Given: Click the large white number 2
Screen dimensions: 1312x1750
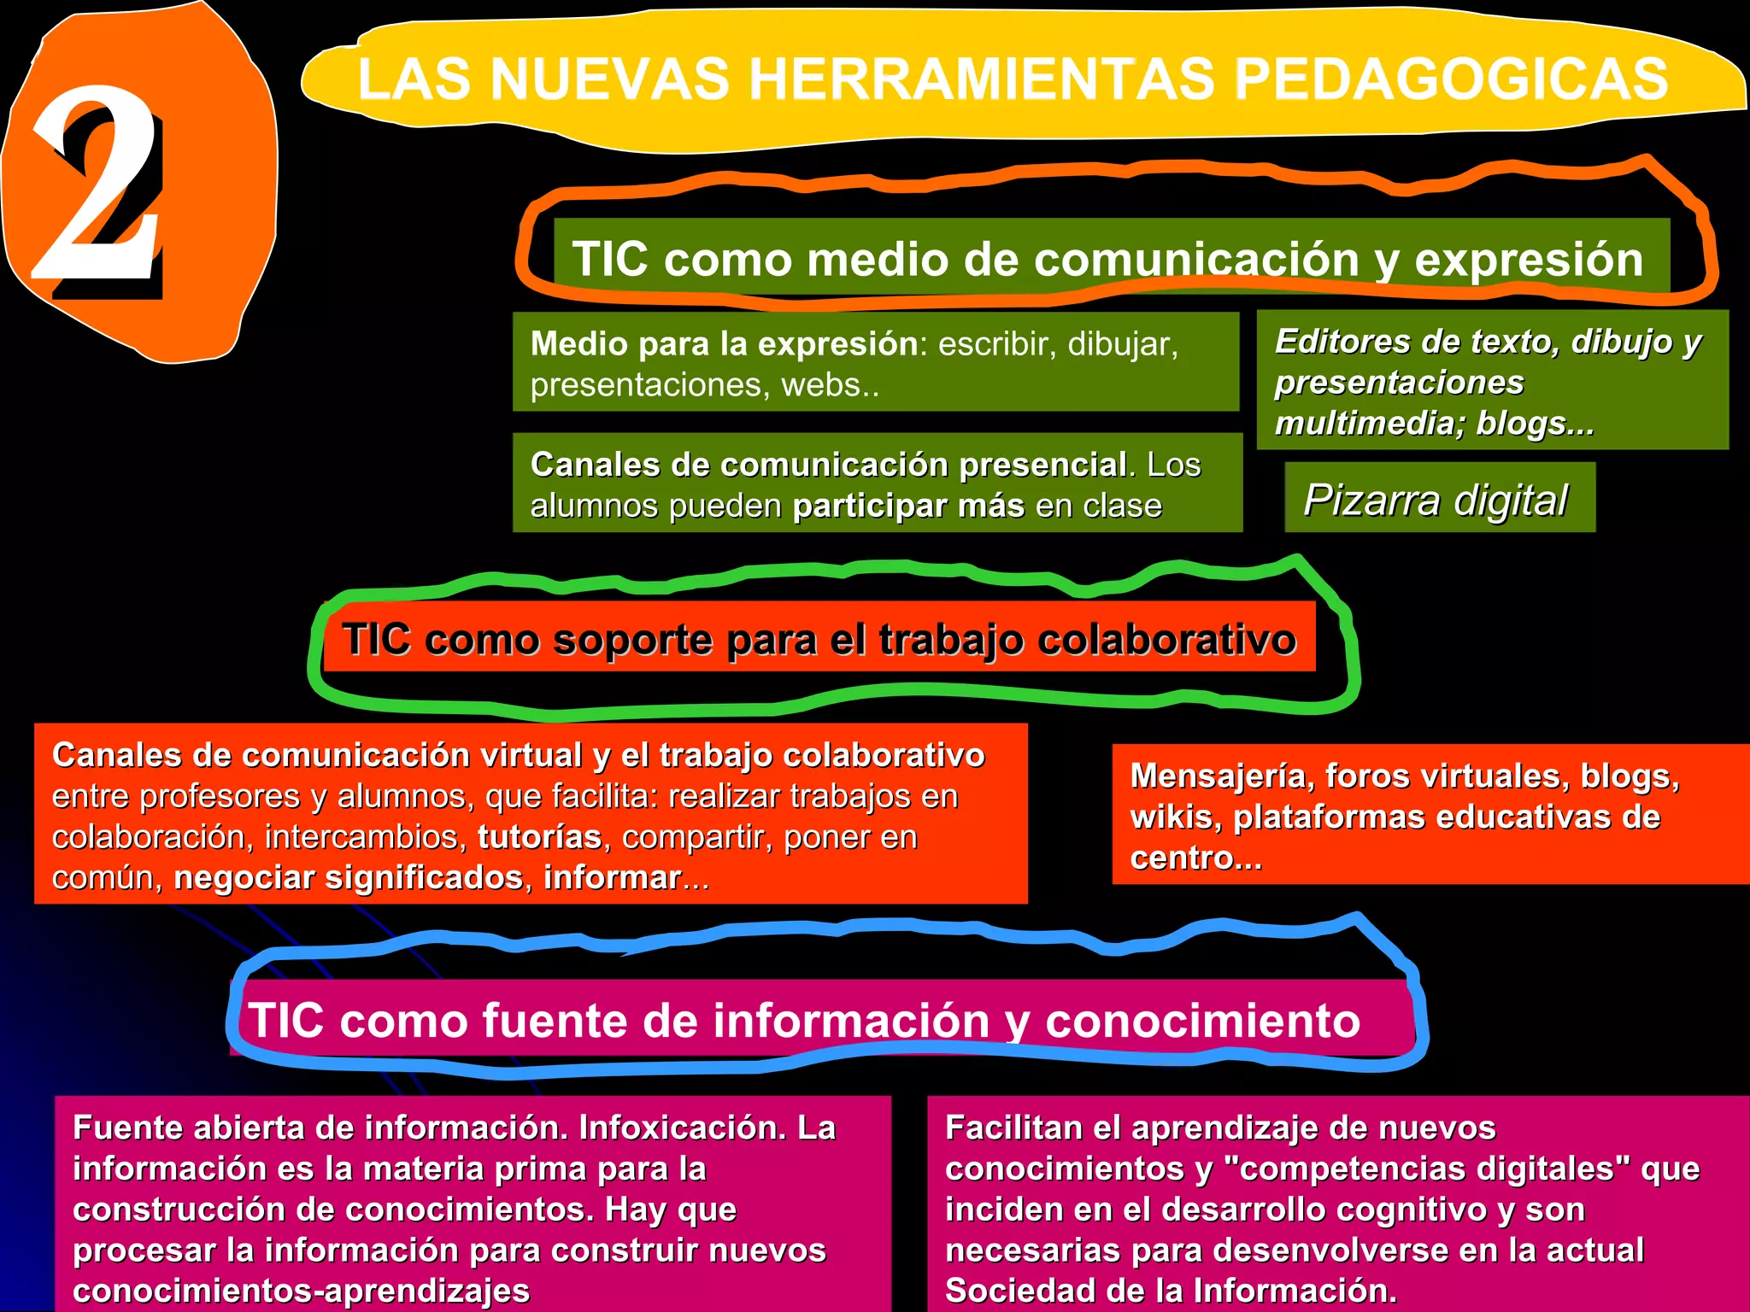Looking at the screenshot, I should pos(96,184).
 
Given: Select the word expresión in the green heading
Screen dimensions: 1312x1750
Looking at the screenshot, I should pos(1529,259).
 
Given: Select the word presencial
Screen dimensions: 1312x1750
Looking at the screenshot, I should pos(1042,465).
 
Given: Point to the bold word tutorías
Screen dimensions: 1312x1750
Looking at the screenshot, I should pos(539,837).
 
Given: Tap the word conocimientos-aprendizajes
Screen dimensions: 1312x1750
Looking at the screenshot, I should pos(301,1291).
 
